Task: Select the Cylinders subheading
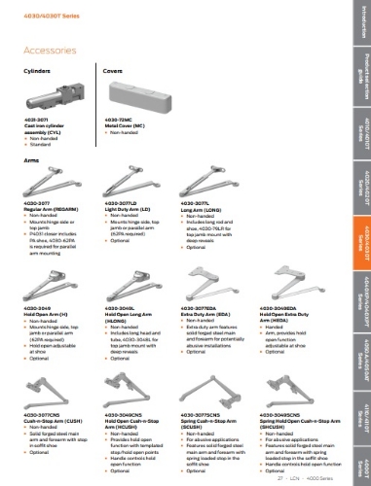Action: pyautogui.click(x=37, y=72)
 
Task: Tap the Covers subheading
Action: pyautogui.click(x=112, y=72)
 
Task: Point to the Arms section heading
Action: pyautogui.click(x=31, y=158)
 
